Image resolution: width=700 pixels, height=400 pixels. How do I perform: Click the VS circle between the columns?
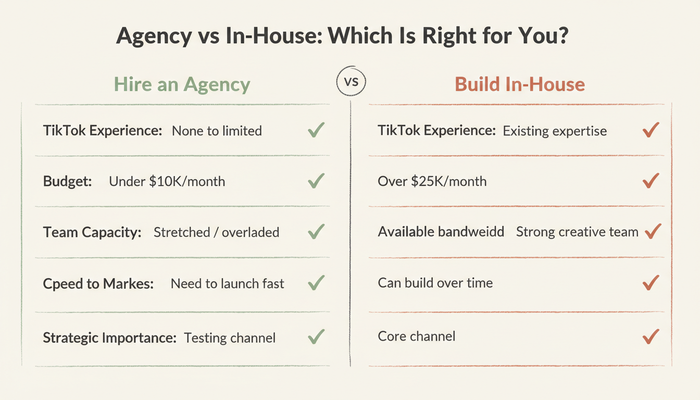pos(352,83)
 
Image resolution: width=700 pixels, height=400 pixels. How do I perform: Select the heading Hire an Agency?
pos(182,84)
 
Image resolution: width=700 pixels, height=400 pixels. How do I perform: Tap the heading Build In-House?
pos(520,84)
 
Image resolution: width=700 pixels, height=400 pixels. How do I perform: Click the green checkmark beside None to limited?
pos(316,130)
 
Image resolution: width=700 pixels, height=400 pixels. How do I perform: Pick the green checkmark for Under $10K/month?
pos(316,181)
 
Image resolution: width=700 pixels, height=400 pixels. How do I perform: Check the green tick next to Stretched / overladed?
pos(316,231)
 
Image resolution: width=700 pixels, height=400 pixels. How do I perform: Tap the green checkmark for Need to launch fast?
pos(316,283)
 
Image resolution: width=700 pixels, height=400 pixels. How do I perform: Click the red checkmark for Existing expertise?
pos(651,130)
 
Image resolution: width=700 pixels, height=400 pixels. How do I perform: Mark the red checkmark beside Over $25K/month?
pos(651,181)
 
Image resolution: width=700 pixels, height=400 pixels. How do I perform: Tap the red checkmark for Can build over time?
pos(651,283)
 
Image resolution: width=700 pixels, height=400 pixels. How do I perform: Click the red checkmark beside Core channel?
pos(651,336)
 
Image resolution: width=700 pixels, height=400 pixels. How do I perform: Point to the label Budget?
pos(67,181)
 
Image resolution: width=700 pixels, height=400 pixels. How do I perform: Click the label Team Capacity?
pos(92,232)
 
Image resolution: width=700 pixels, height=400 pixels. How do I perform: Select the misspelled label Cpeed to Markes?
pos(98,283)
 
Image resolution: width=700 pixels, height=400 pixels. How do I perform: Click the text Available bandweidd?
pos(441,232)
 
